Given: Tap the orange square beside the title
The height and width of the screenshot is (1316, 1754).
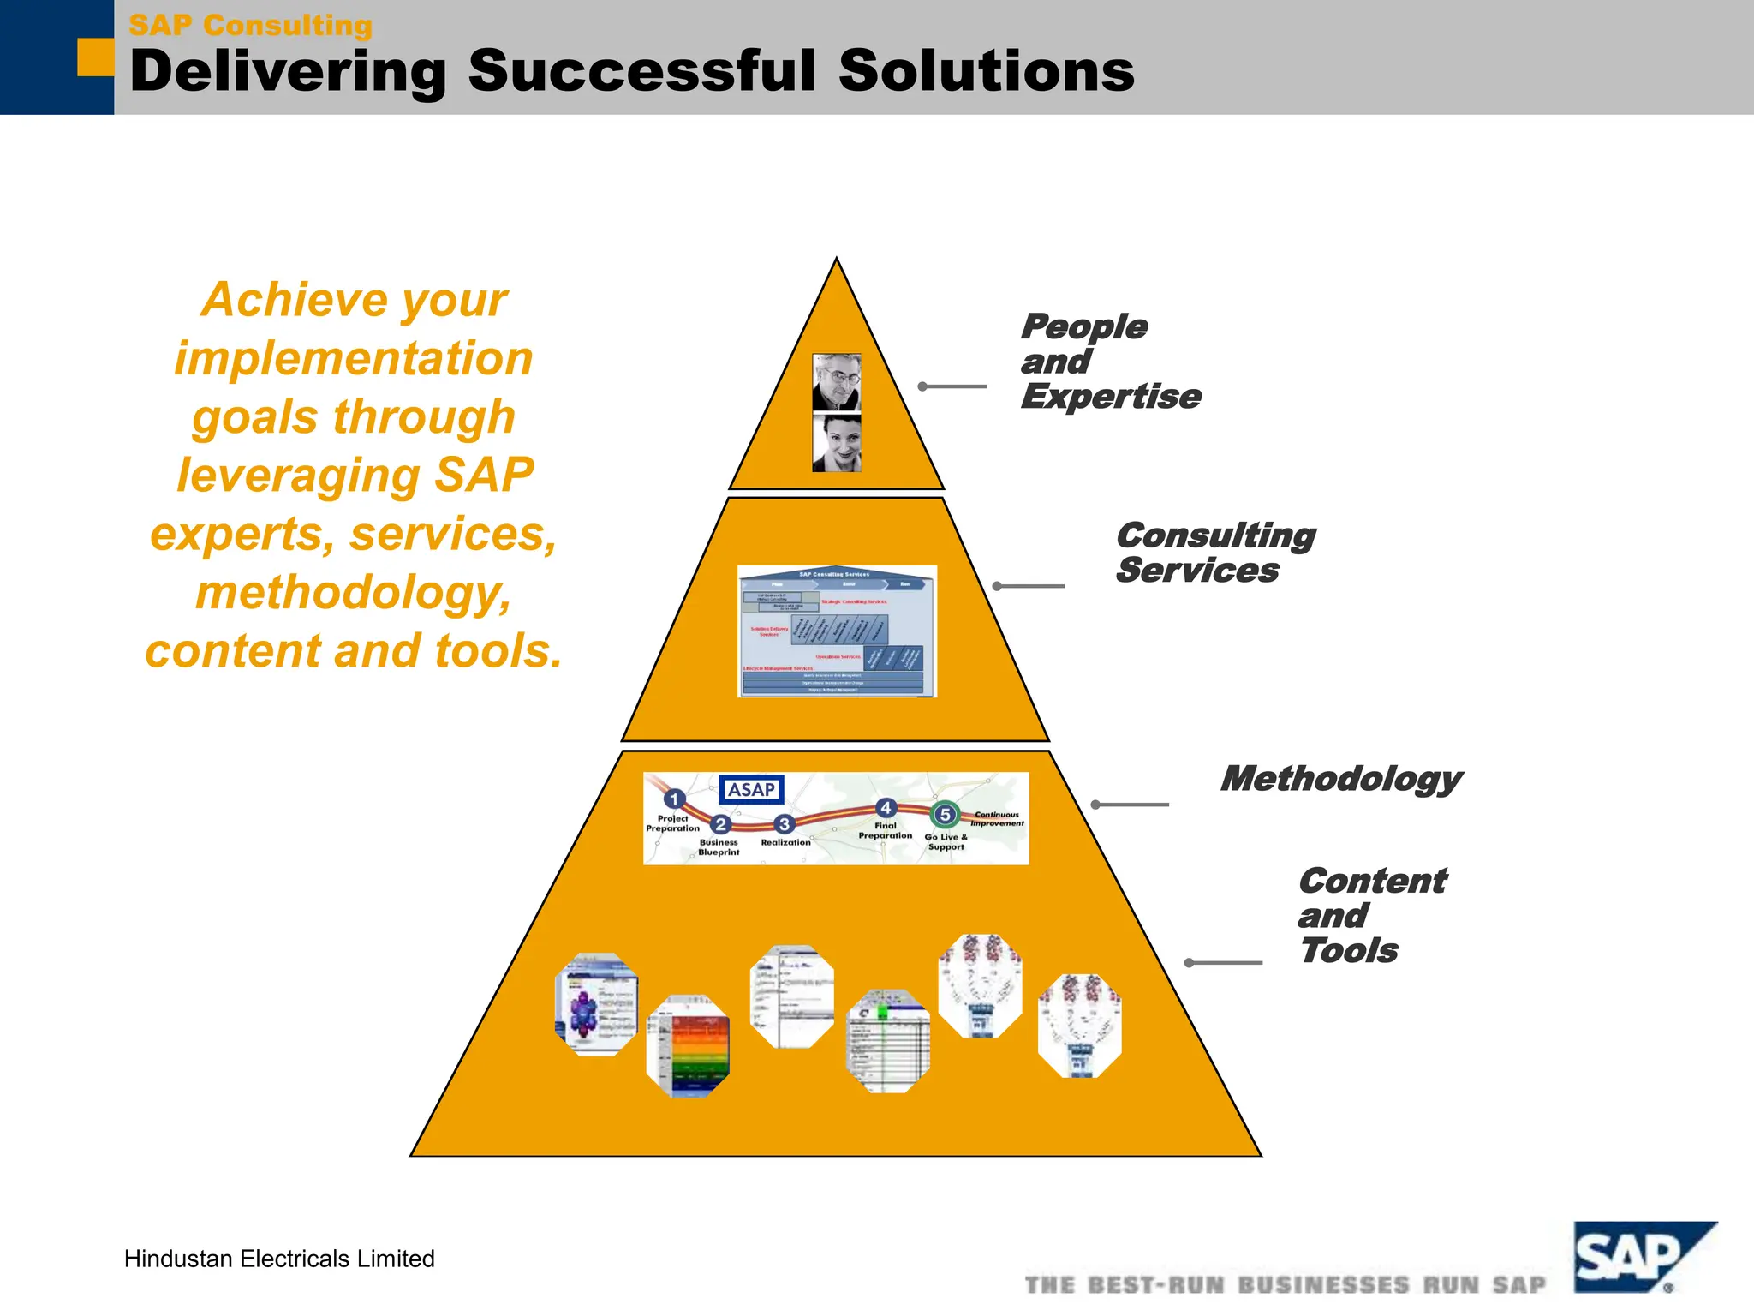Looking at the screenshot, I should coord(95,57).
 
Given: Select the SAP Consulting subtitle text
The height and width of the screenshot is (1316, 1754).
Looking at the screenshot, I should coord(250,25).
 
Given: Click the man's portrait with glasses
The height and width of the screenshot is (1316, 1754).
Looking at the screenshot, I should coord(836,382).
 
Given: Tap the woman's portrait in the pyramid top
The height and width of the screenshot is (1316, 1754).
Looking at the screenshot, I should coord(836,443).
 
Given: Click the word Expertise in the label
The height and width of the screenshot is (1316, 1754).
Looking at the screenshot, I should coord(1110,397).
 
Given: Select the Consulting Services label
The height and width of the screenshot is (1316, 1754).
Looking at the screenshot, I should coord(1214,553).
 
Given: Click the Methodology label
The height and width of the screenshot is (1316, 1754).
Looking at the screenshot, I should coord(1340,779).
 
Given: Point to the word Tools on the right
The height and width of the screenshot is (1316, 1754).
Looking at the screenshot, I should coord(1348,951).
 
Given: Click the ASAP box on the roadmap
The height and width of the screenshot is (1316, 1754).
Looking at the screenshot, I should coord(751,789).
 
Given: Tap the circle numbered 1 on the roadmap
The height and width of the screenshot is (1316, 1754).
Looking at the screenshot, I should coord(675,799).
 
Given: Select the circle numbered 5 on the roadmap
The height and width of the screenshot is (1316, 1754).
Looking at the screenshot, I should coord(945,814).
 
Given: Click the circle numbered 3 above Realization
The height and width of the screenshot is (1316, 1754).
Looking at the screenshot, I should coord(784,824).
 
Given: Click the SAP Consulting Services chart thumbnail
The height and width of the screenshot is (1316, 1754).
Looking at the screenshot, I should coord(837,631).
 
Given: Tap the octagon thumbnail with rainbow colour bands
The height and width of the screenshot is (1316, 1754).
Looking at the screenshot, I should coord(688,1046).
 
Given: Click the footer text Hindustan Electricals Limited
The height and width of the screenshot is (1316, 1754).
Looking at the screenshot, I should coord(279,1259).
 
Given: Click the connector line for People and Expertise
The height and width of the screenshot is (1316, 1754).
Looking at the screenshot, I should coord(952,386).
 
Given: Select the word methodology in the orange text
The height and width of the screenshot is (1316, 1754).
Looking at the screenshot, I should coord(353,592).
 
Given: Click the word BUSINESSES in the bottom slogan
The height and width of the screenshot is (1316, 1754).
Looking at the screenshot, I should coord(1323,1285).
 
